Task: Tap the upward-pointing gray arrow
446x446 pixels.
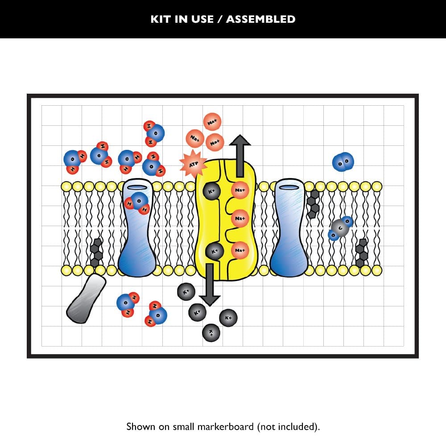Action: (240, 155)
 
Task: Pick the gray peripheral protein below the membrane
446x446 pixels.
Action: (86, 298)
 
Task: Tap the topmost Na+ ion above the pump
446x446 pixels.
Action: (212, 121)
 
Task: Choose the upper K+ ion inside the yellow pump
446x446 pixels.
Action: (211, 191)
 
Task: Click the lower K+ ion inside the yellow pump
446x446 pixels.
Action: (214, 251)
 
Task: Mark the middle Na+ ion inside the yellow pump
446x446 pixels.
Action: (240, 218)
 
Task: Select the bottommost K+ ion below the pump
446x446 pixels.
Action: (211, 332)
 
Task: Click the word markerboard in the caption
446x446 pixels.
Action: (229, 426)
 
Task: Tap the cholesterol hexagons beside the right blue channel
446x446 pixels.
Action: (314, 204)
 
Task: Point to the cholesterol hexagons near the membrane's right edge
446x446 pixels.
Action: (362, 253)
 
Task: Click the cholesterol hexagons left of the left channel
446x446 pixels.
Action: (96, 253)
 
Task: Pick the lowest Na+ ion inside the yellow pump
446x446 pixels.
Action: (240, 250)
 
